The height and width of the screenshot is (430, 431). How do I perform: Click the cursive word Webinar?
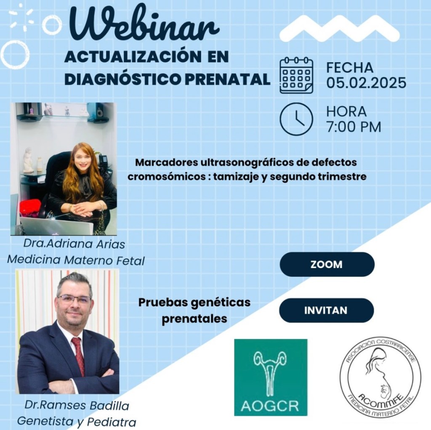145,24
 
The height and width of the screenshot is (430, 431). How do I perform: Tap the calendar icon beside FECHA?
296,75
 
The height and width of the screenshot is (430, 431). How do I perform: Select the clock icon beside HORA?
296,119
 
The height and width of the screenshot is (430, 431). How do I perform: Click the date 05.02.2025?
366,82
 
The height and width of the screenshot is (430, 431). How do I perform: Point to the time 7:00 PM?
354,127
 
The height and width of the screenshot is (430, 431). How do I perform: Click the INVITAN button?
326,310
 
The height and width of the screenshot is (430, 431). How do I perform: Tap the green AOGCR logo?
271,377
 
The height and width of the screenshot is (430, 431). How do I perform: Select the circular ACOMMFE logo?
380,378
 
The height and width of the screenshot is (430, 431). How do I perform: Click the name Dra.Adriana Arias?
74,244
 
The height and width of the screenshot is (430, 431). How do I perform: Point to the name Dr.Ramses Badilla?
77,405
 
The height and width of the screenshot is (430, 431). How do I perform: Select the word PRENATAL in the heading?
227,80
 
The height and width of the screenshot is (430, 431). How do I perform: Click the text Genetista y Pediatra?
77,422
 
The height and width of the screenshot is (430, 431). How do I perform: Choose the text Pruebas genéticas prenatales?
194,311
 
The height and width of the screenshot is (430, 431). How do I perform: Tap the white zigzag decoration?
339,28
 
